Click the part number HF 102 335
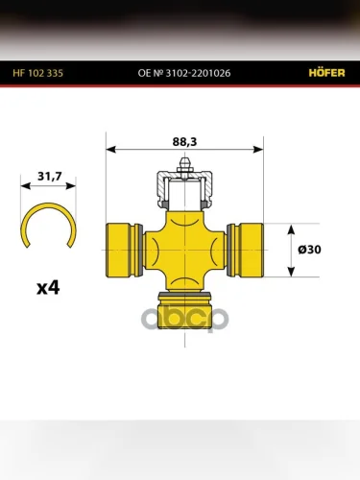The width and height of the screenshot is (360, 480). pos(38,73)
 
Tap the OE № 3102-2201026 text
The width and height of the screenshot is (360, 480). pos(184,73)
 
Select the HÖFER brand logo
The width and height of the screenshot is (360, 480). pos(326,73)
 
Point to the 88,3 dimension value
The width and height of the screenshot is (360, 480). pos(184,141)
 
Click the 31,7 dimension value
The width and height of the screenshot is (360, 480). pos(50,176)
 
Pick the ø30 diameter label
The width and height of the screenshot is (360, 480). pos(309,250)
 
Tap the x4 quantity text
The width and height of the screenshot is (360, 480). pos(48,288)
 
